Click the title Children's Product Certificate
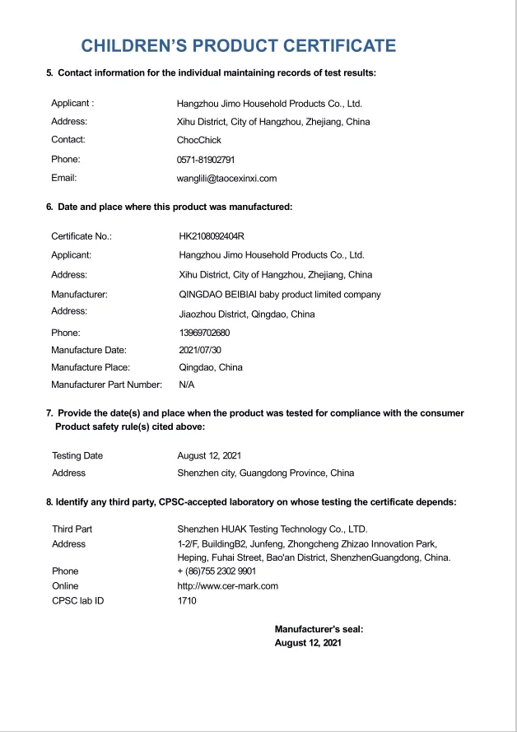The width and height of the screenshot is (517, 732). click(238, 46)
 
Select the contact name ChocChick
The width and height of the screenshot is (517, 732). click(199, 140)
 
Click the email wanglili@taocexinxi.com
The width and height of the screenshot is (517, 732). click(227, 178)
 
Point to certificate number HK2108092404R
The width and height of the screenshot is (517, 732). click(212, 236)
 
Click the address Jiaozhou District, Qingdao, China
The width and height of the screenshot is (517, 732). click(247, 314)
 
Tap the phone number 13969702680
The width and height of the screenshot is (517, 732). click(204, 333)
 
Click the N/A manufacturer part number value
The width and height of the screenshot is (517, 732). click(187, 385)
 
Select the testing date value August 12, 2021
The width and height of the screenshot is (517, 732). click(209, 455)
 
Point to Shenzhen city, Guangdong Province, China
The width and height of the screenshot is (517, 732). click(266, 473)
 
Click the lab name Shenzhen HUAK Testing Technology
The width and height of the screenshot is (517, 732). click(272, 529)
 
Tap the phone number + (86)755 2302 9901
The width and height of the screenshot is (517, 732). click(217, 571)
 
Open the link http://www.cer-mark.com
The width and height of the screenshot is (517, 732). click(228, 586)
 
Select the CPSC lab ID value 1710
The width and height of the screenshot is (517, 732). click(187, 601)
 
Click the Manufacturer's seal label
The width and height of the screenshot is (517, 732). click(319, 629)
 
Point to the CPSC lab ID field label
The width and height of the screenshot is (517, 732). click(78, 601)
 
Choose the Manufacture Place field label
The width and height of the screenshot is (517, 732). click(91, 367)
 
